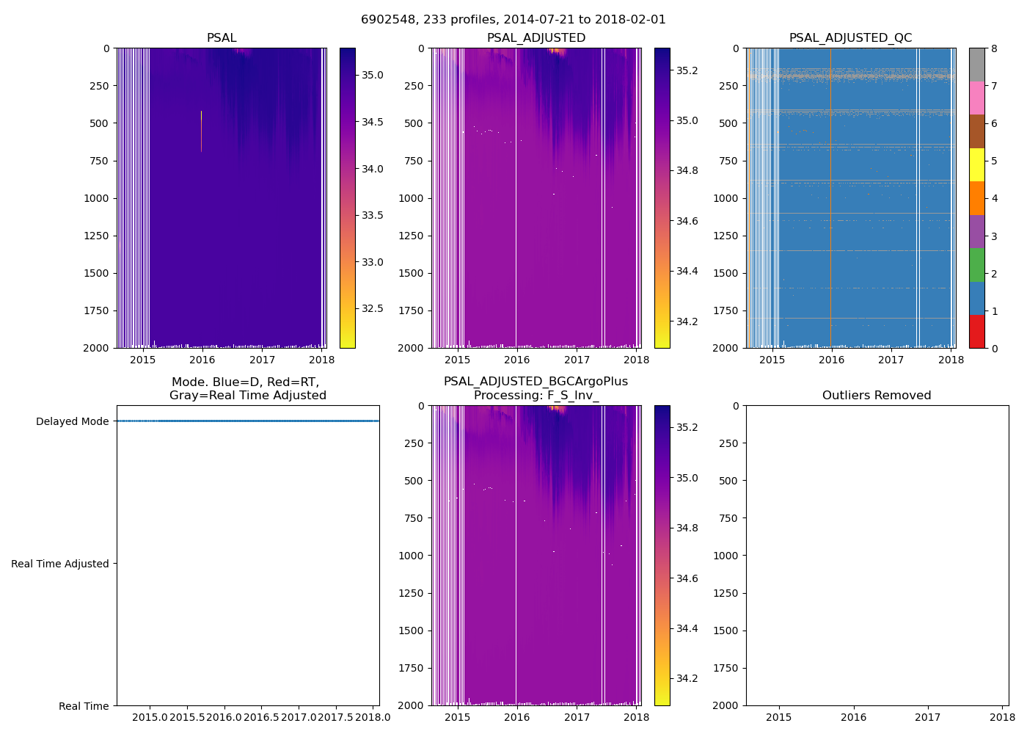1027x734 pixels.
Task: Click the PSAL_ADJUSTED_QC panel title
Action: (x=850, y=37)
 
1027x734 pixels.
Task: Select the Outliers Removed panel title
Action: (x=877, y=395)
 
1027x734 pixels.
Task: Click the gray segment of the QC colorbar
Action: (x=976, y=65)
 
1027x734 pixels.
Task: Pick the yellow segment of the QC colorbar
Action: (x=976, y=165)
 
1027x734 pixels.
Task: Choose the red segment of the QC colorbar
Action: (x=976, y=332)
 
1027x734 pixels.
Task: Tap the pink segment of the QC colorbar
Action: (x=976, y=98)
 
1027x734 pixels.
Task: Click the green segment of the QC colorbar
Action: (x=976, y=265)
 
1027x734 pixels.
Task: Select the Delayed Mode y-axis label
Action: (x=72, y=421)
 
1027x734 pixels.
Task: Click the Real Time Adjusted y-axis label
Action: (x=60, y=564)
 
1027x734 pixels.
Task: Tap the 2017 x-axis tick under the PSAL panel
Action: (x=262, y=360)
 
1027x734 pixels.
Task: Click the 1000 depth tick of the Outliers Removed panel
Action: (x=730, y=556)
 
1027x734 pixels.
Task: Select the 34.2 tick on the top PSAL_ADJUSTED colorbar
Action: (x=687, y=321)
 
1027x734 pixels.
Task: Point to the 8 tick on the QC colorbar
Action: (x=994, y=48)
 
